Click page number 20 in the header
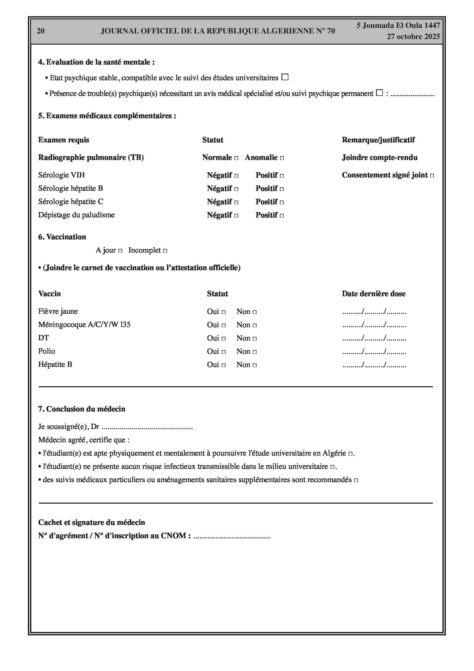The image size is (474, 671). click(41, 31)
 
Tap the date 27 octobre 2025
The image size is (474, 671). click(413, 37)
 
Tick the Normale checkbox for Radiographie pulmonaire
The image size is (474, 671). click(236, 158)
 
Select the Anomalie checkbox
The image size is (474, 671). click(282, 158)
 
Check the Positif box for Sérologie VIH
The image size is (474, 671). click(282, 176)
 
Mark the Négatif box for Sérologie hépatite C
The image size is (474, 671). click(236, 202)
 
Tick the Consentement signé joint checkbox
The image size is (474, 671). click(432, 176)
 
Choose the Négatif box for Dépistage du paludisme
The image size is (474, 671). click(236, 216)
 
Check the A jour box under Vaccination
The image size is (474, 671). click(120, 251)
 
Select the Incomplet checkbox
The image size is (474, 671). click(165, 251)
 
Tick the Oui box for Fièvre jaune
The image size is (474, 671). click(224, 312)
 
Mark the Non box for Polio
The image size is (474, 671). click(255, 352)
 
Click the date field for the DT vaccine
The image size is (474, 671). click(374, 338)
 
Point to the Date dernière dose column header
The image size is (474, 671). click(373, 294)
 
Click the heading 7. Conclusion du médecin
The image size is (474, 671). click(82, 409)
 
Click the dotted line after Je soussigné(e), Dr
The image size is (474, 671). click(147, 427)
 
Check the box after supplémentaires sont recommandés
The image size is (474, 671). click(356, 480)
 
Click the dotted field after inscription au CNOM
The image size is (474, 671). click(232, 536)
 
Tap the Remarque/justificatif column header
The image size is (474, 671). click(378, 140)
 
